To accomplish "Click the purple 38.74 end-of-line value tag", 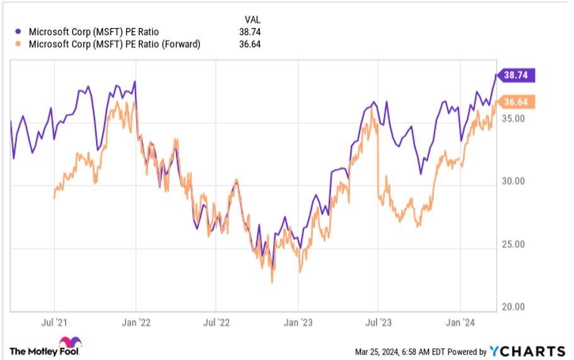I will tap(517, 76).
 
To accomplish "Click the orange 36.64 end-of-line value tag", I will tap(517, 102).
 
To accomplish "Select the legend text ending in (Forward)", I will tap(115, 44).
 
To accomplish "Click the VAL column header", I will tap(252, 19).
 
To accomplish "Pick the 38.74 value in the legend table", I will tap(250, 32).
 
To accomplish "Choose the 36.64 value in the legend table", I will tap(250, 44).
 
